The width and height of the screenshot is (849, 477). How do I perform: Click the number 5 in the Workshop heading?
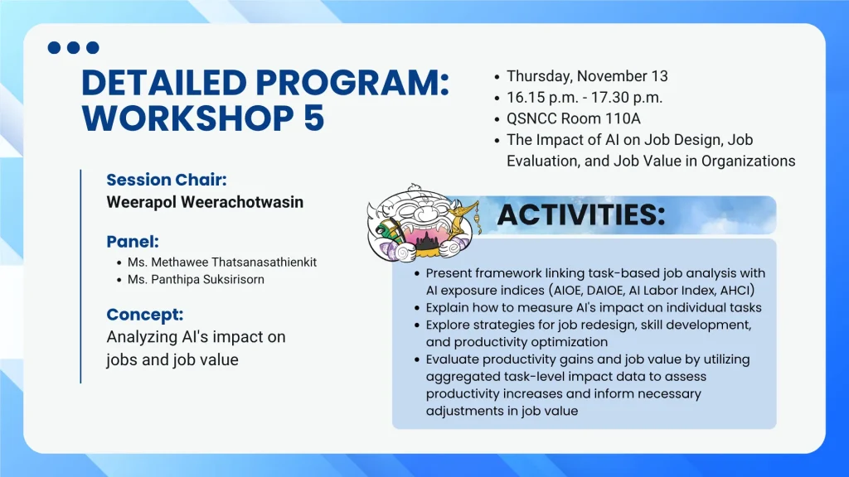coord(313,118)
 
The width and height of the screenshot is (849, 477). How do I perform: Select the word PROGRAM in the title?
coord(352,83)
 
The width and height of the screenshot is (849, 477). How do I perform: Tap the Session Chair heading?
coord(166,180)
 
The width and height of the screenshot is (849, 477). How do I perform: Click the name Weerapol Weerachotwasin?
coord(205,202)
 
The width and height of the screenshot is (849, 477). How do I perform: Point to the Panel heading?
coord(133,241)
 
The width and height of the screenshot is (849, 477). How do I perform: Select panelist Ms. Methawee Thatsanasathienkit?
coord(222,263)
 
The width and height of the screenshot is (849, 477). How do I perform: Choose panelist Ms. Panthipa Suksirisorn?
coord(196,280)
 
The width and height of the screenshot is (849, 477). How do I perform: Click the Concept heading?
coord(144,314)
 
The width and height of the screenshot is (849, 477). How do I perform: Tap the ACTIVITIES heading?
coord(581,214)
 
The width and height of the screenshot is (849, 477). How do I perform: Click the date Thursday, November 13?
coord(587,76)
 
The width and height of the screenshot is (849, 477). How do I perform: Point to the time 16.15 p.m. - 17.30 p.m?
coord(585,98)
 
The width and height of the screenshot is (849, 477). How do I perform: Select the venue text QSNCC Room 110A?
coord(574,118)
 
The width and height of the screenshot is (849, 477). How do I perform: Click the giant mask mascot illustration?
coord(422,224)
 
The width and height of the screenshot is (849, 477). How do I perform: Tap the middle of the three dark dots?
coord(74,47)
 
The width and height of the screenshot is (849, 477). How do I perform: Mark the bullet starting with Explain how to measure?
coord(594,308)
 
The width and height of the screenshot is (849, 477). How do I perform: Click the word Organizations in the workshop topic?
coord(749,161)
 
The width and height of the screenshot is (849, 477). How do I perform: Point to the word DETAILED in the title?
coord(164,83)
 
